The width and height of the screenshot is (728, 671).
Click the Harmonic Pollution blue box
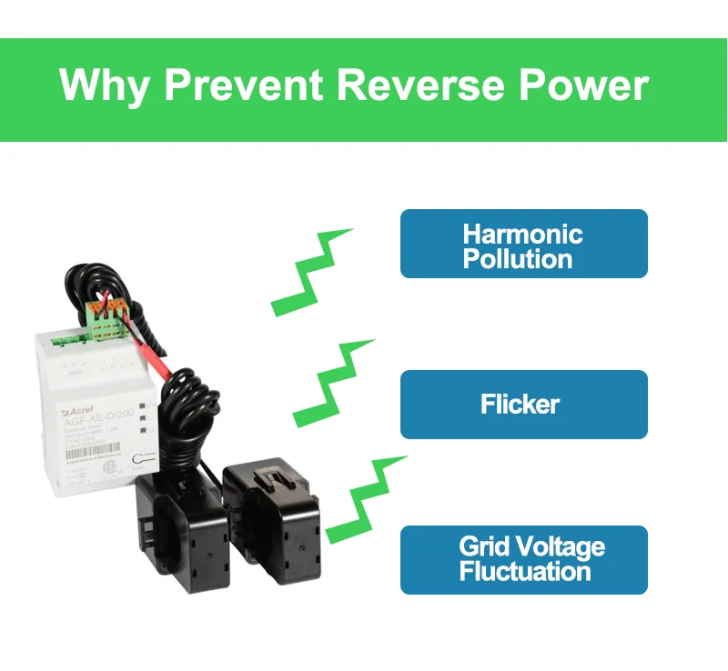[x=523, y=244]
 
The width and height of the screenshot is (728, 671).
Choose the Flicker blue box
[x=523, y=404]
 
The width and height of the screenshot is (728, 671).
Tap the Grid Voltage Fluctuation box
[x=523, y=559]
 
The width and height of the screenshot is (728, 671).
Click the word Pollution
[x=517, y=258]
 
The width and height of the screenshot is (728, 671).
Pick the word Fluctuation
[x=524, y=572]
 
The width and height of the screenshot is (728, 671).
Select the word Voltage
[x=557, y=546]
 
